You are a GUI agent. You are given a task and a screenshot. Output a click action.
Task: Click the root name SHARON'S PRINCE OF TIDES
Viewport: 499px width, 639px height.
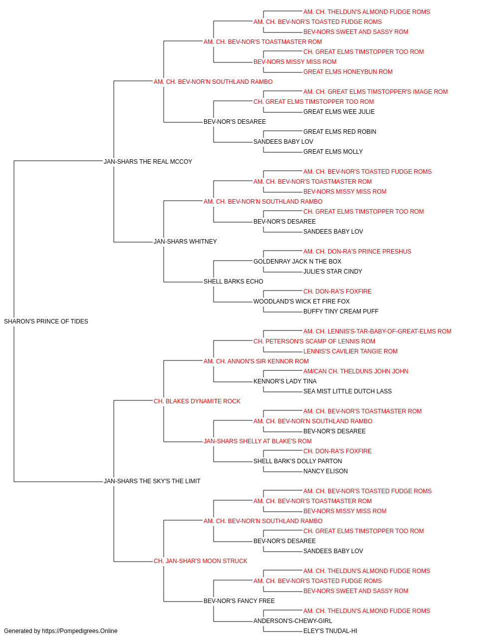[46, 321]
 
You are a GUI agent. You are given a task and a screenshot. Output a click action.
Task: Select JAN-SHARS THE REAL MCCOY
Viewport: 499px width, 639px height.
[148, 162]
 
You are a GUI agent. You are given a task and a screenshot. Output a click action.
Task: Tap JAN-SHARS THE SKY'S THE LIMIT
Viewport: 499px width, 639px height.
[152, 481]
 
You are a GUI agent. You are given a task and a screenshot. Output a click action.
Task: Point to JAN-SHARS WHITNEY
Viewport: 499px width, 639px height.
[185, 242]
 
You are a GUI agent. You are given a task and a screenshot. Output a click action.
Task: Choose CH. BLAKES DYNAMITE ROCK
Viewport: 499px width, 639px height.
[197, 401]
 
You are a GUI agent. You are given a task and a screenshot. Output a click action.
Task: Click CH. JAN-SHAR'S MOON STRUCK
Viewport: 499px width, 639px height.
[201, 561]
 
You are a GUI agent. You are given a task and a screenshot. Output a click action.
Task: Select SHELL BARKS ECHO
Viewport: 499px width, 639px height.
[234, 282]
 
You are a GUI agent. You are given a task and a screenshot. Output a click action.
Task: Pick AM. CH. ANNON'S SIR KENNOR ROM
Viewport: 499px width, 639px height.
[256, 361]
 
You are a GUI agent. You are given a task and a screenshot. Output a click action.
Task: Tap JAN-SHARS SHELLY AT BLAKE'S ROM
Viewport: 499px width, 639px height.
[257, 441]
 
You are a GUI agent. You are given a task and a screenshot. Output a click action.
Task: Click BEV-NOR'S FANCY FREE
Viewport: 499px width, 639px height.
[239, 601]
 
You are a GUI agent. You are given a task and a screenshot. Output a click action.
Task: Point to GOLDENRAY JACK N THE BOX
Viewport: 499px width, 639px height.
[297, 262]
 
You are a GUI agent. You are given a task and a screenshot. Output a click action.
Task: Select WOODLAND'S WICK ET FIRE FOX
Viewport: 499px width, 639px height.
[301, 302]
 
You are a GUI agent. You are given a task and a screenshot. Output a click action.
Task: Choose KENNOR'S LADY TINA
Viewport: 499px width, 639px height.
[285, 381]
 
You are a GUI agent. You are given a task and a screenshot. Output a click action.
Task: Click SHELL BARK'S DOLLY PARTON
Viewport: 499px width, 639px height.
[298, 461]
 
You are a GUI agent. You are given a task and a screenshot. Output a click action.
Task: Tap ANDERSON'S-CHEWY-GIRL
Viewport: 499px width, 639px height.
[293, 621]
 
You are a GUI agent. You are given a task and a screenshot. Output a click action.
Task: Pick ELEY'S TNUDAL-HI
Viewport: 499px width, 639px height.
[330, 631]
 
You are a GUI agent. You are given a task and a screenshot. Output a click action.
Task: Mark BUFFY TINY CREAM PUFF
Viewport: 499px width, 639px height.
[341, 312]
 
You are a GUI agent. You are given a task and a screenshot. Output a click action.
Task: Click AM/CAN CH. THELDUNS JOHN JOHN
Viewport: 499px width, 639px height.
[356, 371]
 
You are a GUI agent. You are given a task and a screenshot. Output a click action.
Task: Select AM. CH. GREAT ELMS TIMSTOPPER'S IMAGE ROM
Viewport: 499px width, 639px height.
[376, 92]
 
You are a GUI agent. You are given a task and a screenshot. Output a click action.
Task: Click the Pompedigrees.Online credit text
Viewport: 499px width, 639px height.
[60, 631]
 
